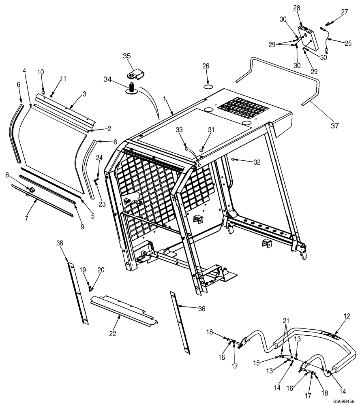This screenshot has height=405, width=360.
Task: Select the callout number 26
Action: [x=206, y=66]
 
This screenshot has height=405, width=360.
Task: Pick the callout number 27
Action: [x=344, y=12]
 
